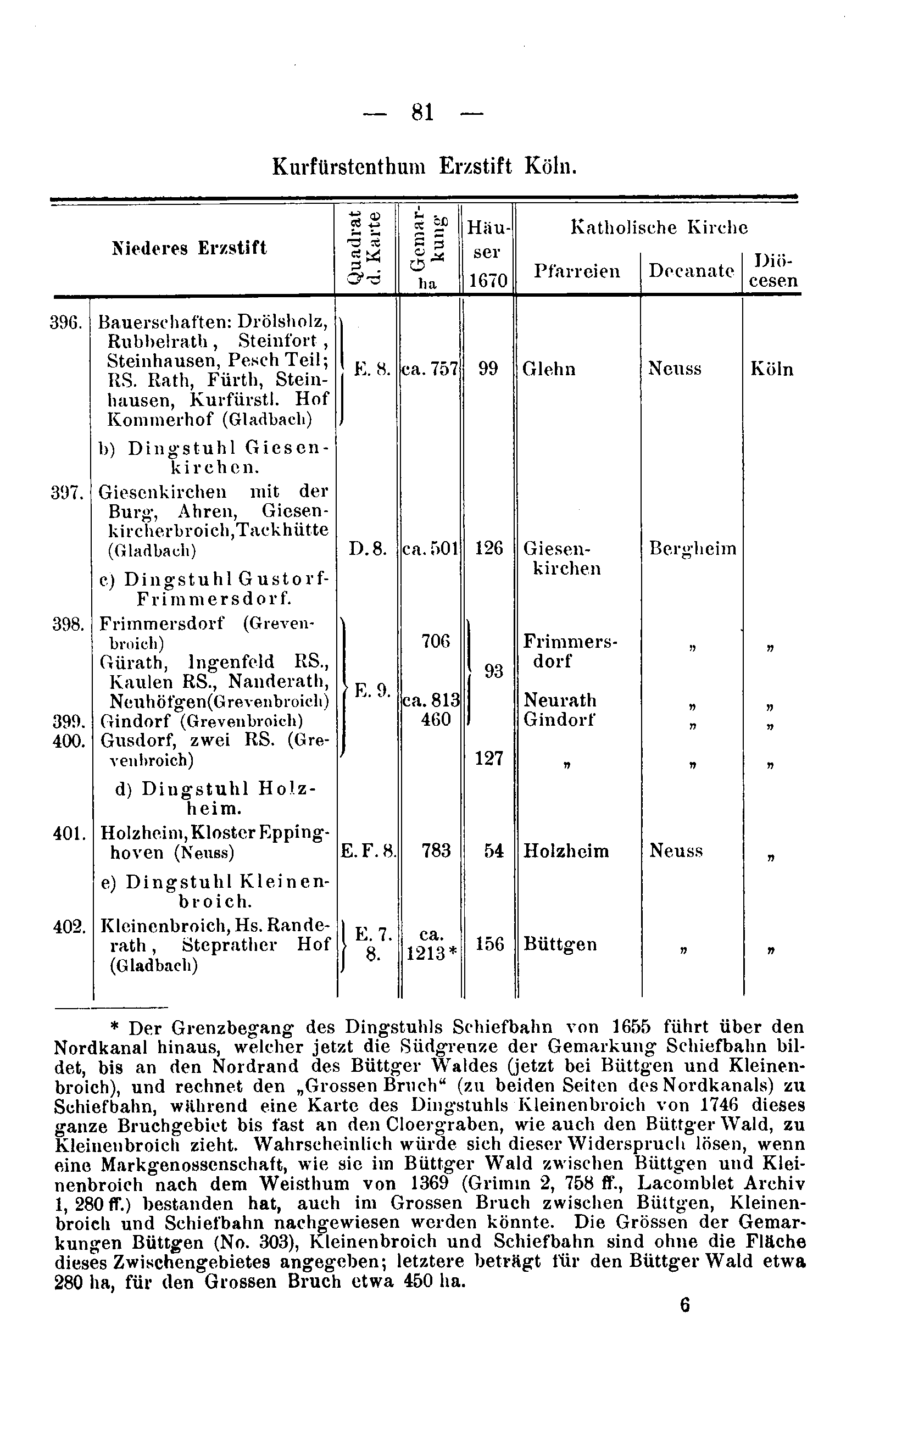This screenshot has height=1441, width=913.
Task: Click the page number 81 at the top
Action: coord(422,113)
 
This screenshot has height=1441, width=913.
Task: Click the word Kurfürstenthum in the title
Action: coord(349,166)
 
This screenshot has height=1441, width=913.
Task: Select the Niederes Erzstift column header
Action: coord(189,248)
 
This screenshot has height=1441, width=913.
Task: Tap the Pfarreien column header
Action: coord(577,272)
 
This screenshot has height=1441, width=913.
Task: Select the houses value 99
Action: coord(488,369)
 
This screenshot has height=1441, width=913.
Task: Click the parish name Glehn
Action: coord(549,369)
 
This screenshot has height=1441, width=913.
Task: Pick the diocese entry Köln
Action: coord(772,369)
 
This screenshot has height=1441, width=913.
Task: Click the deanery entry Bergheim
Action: coord(692,548)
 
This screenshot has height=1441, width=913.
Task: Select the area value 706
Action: coord(436,641)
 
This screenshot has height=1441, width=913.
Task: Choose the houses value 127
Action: coord(489,758)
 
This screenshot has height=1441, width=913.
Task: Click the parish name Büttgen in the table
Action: coord(560,944)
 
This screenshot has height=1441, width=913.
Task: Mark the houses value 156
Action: coord(489,944)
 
